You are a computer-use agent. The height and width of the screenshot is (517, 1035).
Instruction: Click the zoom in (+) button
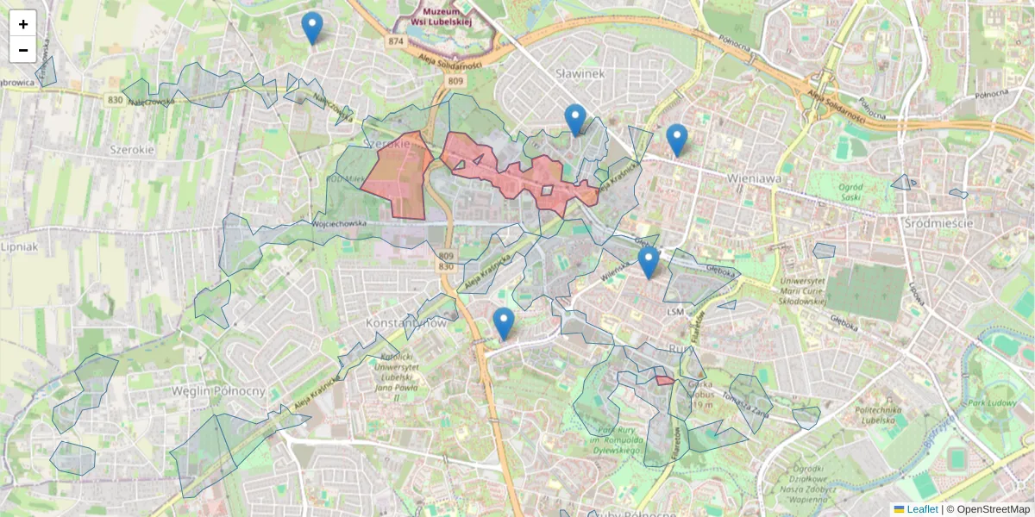click(23, 23)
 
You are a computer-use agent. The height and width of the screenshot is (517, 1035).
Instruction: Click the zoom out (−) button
click(23, 50)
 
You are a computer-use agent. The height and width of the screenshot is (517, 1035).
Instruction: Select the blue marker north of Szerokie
click(312, 28)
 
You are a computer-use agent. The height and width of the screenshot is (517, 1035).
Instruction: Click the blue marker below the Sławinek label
click(575, 120)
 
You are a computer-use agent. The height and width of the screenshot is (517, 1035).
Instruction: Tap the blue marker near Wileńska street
click(649, 263)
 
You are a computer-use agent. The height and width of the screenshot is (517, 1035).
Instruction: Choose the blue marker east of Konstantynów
click(504, 324)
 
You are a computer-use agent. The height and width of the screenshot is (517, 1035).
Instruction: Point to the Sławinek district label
click(580, 74)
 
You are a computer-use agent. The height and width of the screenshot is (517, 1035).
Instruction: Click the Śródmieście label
click(939, 223)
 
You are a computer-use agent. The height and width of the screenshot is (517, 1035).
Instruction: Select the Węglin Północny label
click(217, 391)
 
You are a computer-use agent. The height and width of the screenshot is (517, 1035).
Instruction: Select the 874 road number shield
click(396, 41)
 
